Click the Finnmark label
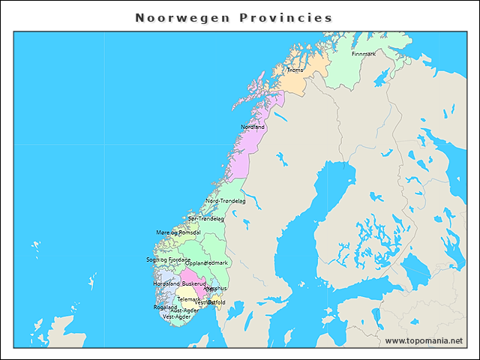point(364,54)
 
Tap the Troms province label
point(295,70)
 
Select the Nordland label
point(253,127)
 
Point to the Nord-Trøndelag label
point(226,201)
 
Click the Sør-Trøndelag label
point(206,219)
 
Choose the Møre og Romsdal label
point(178,233)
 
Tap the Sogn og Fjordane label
point(168,259)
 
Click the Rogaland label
point(165,307)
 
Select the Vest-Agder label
point(177,316)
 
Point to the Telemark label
point(187,299)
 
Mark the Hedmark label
point(217,263)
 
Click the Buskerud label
point(193,284)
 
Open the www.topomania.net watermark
point(424,341)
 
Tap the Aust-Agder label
point(184,310)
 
